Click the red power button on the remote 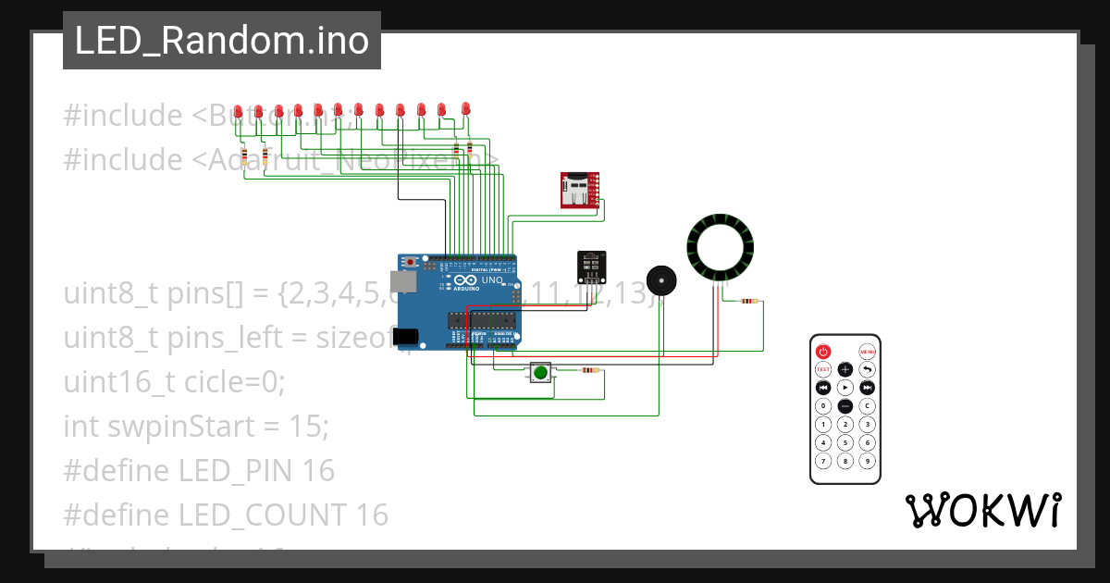coord(823,352)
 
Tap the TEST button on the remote coord(823,369)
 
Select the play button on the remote coord(845,387)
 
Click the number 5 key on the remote coord(845,442)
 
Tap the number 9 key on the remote coord(868,461)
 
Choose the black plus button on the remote coord(845,369)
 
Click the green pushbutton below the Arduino coord(539,373)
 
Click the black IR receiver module coord(591,267)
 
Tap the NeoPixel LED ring coord(720,247)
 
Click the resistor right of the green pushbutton coord(588,371)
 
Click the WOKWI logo coord(982,510)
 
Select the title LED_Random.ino coord(222,41)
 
